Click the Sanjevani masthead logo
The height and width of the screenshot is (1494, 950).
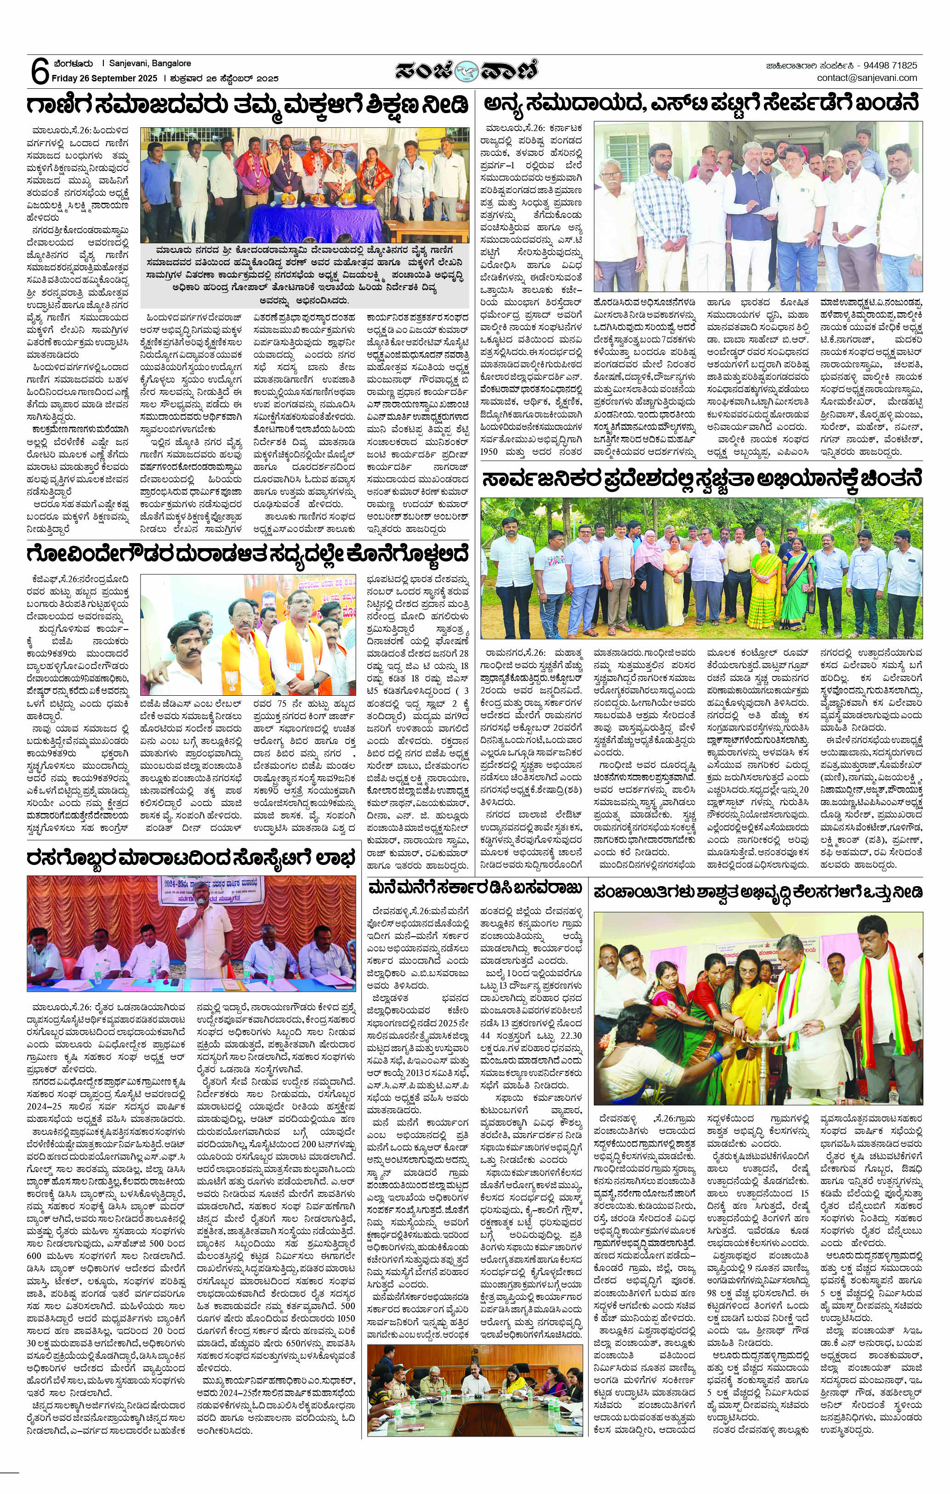(x=466, y=71)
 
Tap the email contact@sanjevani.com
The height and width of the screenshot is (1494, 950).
(x=866, y=78)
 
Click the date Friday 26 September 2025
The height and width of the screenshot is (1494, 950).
(x=103, y=79)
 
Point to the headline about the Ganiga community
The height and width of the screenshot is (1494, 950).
(x=247, y=104)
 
